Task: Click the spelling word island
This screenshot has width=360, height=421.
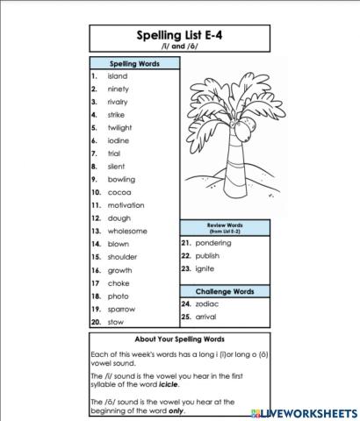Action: [118, 76]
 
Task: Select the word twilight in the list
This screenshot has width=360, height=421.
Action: [119, 127]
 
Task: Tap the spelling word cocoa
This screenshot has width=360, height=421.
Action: [119, 192]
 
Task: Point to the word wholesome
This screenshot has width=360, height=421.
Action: [127, 231]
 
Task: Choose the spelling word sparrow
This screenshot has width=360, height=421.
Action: [121, 309]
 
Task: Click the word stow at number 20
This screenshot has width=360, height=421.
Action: [116, 322]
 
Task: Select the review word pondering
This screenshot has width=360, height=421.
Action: [213, 243]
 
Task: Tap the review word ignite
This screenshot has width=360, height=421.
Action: [205, 268]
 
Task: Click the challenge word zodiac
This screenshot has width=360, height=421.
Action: [207, 303]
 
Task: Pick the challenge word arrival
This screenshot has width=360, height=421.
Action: [207, 316]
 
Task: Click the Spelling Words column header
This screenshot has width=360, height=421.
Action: [134, 64]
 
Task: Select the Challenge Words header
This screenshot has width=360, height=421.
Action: [225, 290]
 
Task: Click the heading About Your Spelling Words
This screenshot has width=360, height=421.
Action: [179, 339]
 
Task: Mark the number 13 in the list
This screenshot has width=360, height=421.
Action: [96, 231]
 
